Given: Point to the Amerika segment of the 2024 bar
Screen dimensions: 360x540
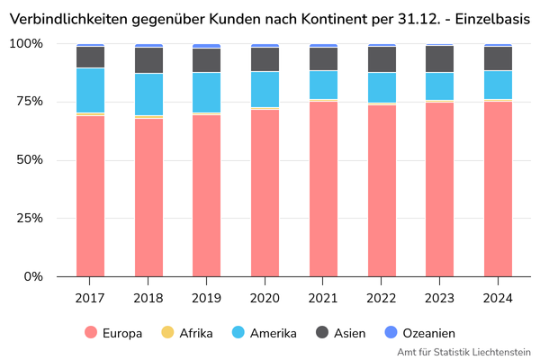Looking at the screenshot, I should click(x=498, y=85).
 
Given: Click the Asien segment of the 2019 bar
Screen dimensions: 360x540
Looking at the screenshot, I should click(x=207, y=60).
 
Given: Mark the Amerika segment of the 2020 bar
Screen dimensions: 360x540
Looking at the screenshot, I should click(x=265, y=89).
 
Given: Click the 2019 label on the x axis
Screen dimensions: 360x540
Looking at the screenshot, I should click(x=207, y=298).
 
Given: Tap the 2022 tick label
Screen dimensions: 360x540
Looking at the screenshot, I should click(x=382, y=298).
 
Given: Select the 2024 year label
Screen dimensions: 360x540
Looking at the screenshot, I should click(x=498, y=298).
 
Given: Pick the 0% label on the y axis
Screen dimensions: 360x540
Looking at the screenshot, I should click(x=34, y=277).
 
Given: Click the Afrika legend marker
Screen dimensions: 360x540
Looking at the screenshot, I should click(x=166, y=333).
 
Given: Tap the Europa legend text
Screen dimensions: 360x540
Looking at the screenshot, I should click(x=122, y=333).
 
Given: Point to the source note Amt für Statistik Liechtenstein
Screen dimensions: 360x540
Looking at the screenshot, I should click(x=463, y=352).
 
